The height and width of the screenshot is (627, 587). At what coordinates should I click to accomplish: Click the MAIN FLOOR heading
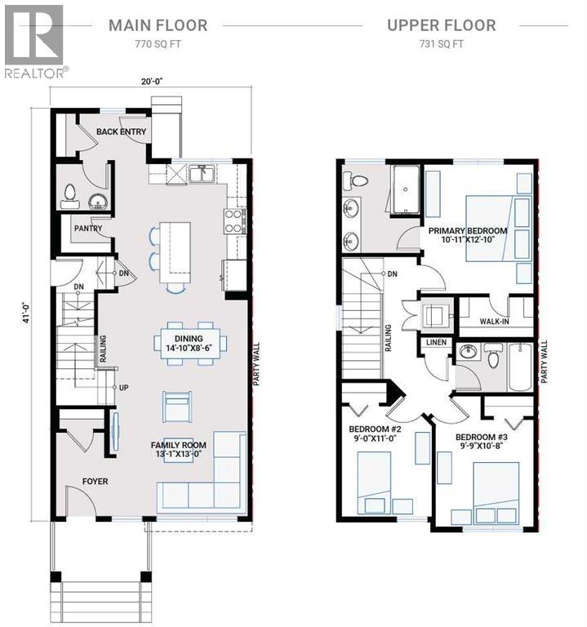coord(158,24)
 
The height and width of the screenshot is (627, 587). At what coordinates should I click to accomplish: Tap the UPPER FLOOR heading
coord(441,24)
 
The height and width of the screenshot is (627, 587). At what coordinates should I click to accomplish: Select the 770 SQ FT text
coord(158,45)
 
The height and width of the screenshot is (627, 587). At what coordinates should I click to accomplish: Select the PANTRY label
coord(87,229)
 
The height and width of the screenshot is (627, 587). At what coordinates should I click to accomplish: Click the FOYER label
coord(95,482)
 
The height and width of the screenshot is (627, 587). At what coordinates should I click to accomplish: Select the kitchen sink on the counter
coord(199,173)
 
